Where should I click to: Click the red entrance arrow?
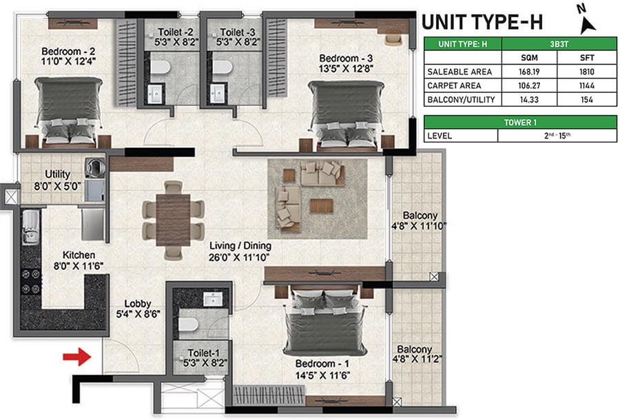(77, 357)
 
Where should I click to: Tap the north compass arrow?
(588, 25)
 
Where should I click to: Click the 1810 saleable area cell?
(587, 72)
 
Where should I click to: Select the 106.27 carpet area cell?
(529, 86)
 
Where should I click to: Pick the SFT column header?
(587, 58)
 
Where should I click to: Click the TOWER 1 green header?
(520, 123)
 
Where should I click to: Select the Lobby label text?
(138, 304)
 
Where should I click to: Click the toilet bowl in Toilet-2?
(161, 67)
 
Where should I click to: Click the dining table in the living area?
(173, 220)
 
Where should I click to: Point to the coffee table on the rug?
(321, 206)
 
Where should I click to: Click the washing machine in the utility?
(95, 167)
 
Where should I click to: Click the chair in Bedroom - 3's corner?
(394, 39)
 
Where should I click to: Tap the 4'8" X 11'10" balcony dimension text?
(419, 226)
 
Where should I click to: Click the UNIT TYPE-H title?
(482, 22)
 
